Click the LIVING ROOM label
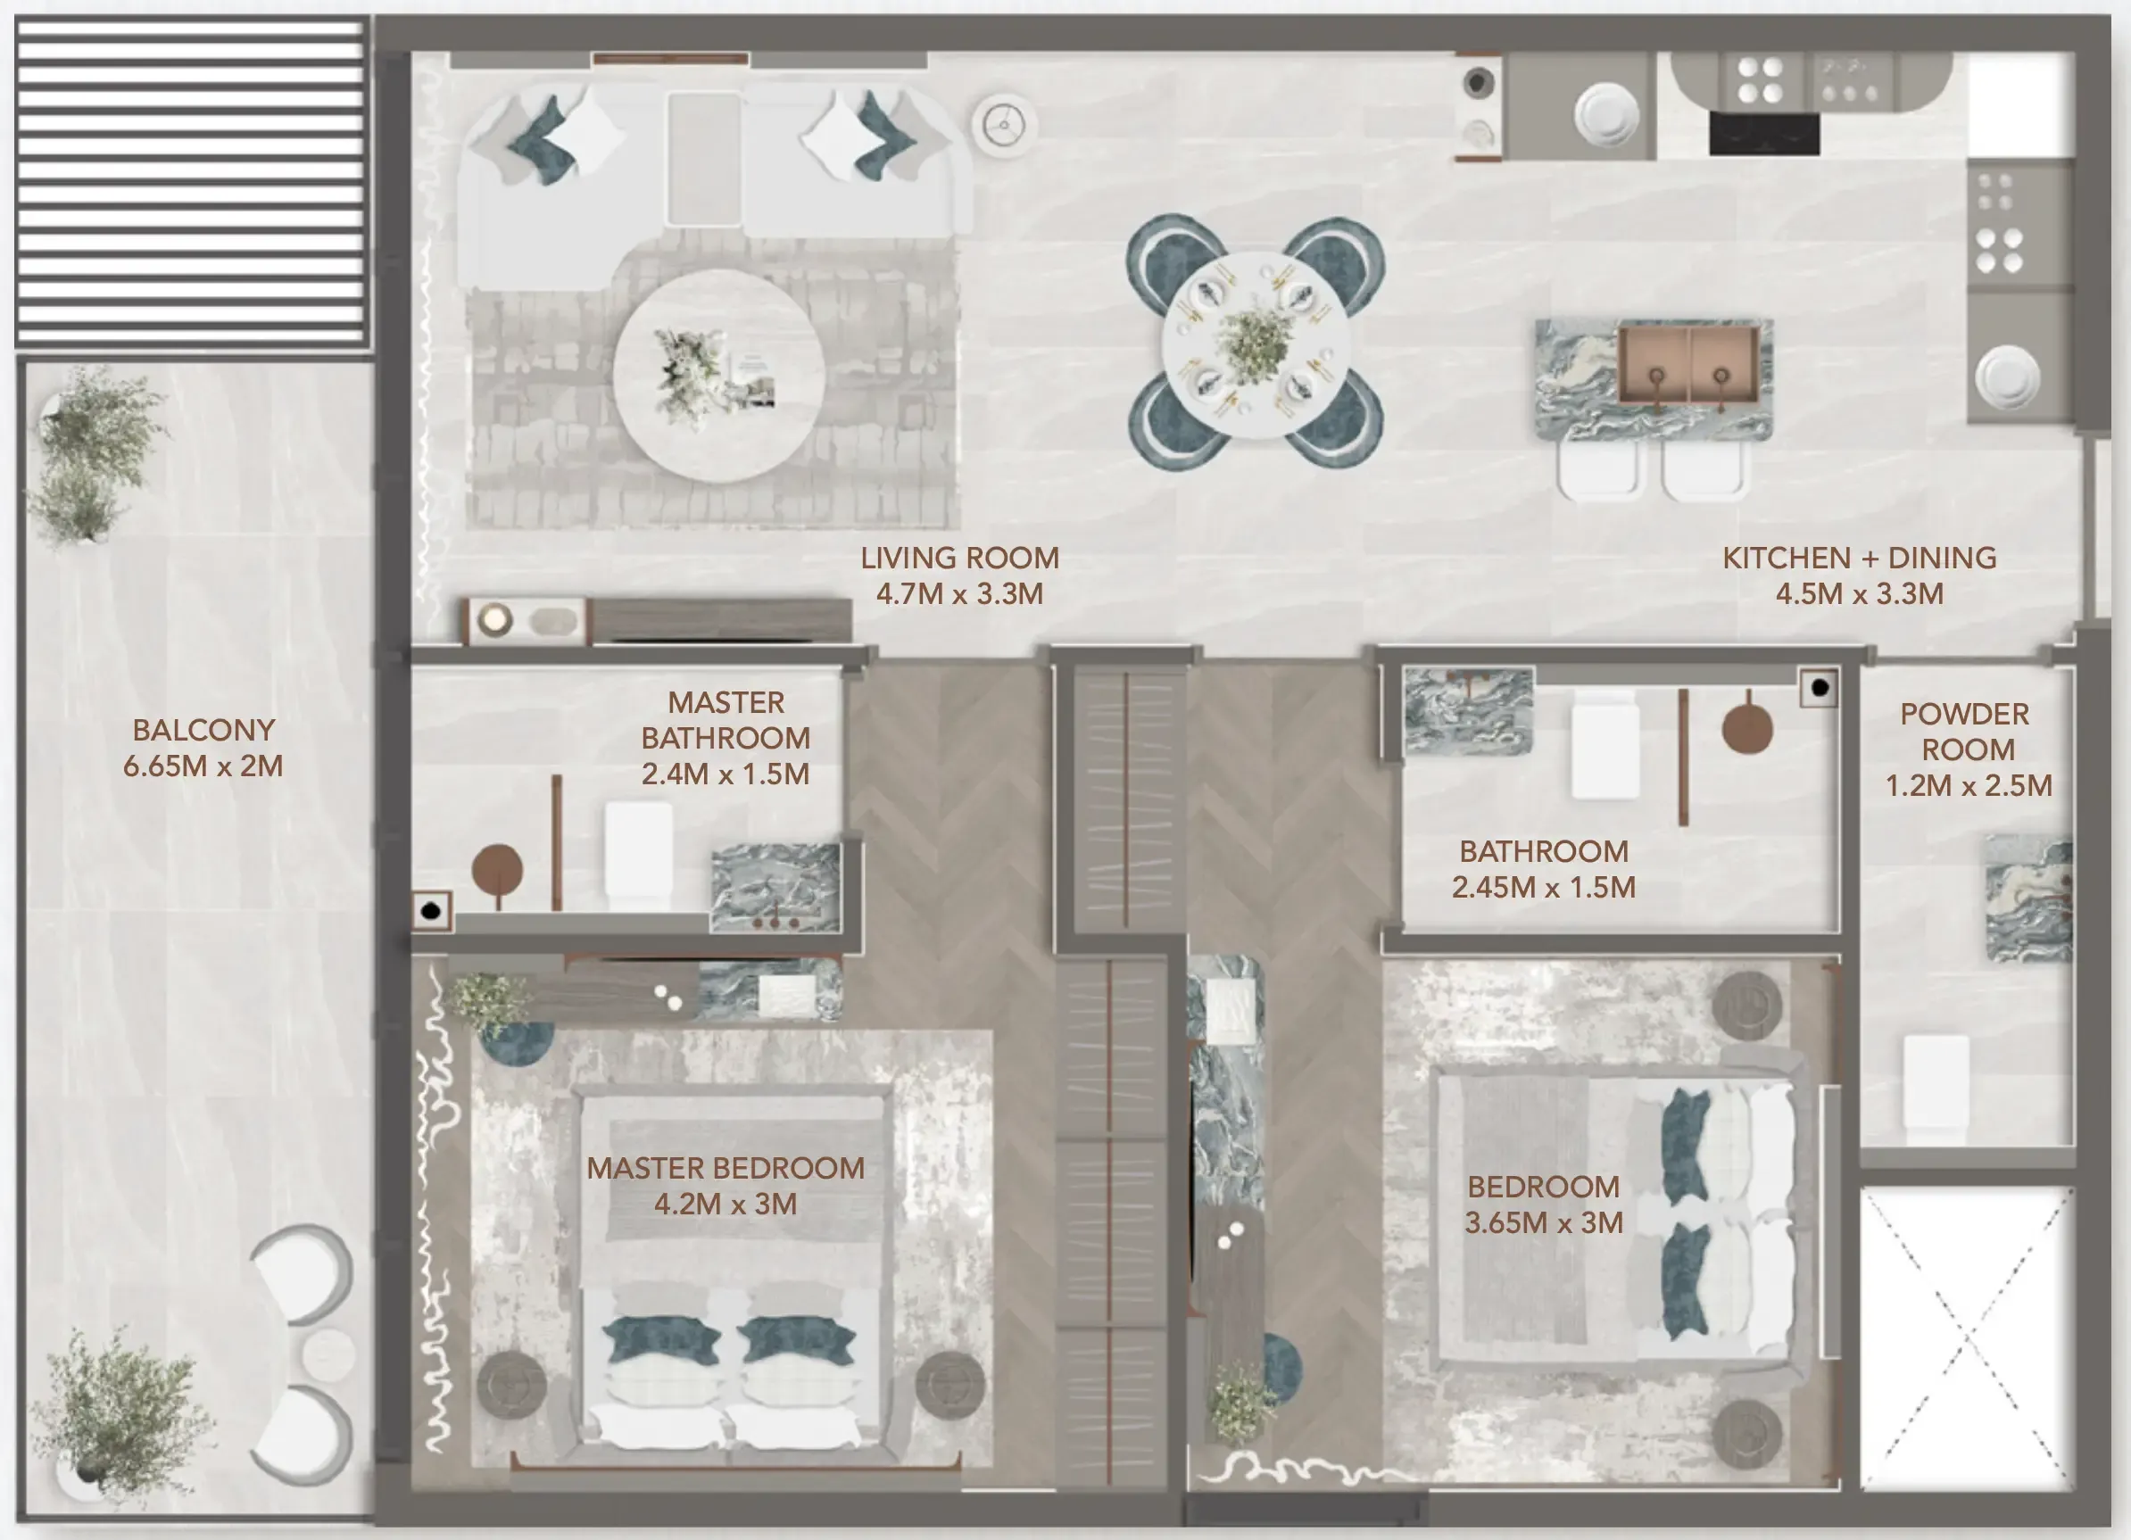(x=959, y=559)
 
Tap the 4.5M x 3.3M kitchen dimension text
(x=1859, y=594)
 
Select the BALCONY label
(x=203, y=730)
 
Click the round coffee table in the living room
(x=718, y=377)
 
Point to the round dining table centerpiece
(x=1255, y=344)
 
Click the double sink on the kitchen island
(x=1688, y=368)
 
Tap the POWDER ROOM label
(x=1966, y=732)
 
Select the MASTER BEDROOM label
(x=726, y=1168)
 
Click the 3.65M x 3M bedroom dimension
(x=1543, y=1223)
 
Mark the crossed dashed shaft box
(x=1967, y=1340)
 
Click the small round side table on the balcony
(x=328, y=1354)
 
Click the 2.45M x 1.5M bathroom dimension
(x=1543, y=887)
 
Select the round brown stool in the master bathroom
(x=497, y=869)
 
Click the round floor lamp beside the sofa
(x=1004, y=123)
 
